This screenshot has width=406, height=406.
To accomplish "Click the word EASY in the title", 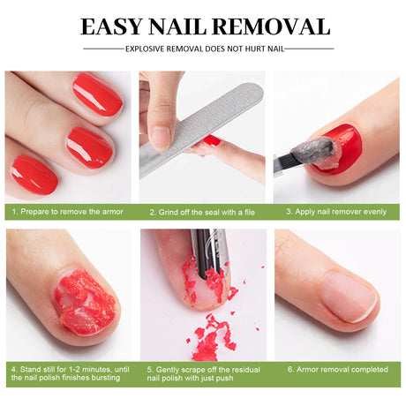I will tap(112, 26).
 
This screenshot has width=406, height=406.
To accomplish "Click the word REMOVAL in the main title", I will tap(270, 26).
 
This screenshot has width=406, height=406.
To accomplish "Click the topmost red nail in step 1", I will tap(97, 94).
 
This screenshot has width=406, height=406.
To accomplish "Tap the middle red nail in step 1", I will tap(90, 146).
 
